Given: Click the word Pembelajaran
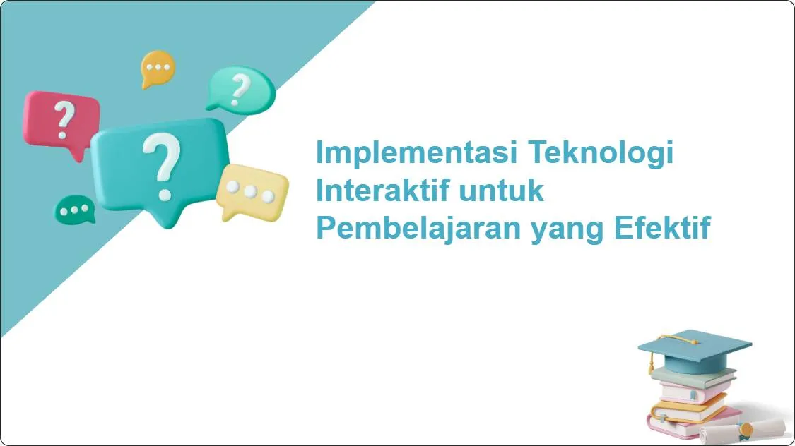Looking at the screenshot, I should coord(418,228).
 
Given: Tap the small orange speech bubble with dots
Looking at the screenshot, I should coord(158,68).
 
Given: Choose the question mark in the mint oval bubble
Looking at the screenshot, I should coord(241,89).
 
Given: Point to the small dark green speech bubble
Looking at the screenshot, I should coord(74,210).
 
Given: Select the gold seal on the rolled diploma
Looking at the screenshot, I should coord(743,428).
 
